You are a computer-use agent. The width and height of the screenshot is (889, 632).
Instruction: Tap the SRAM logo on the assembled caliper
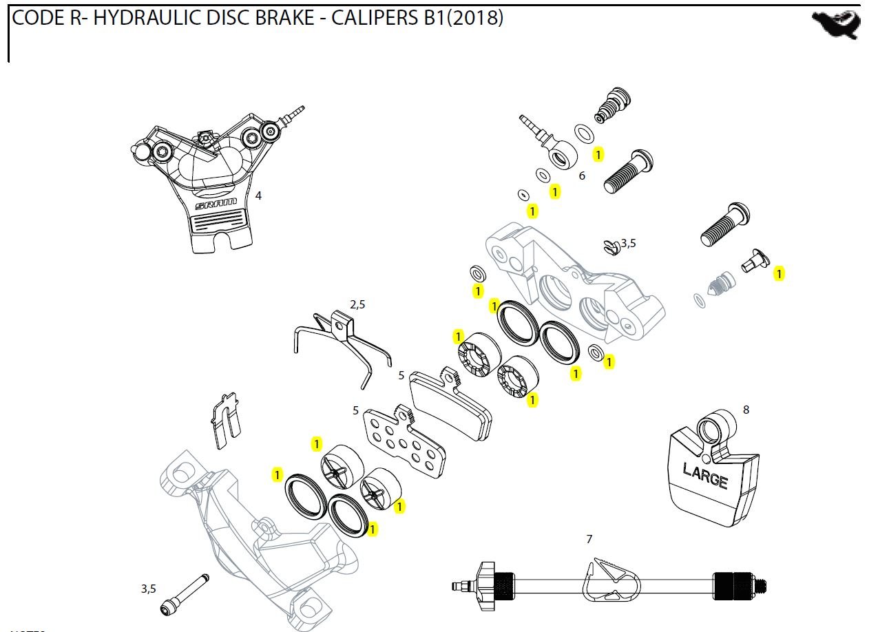(216, 204)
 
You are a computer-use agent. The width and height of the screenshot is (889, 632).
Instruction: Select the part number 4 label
(258, 196)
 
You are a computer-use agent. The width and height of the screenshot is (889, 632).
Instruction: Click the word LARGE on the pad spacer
(705, 476)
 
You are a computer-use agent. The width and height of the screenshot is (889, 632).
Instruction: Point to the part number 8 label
(746, 410)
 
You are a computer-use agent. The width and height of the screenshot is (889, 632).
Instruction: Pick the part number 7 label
(589, 539)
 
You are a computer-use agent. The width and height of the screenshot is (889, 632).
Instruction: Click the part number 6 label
(582, 176)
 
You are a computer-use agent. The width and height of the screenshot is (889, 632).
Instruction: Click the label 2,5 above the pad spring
(357, 304)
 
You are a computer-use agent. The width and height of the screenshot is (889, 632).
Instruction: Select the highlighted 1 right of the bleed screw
(779, 274)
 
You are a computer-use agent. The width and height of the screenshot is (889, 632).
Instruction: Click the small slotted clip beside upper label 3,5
(609, 246)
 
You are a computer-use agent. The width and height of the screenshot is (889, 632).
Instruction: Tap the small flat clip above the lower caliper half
(225, 419)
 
